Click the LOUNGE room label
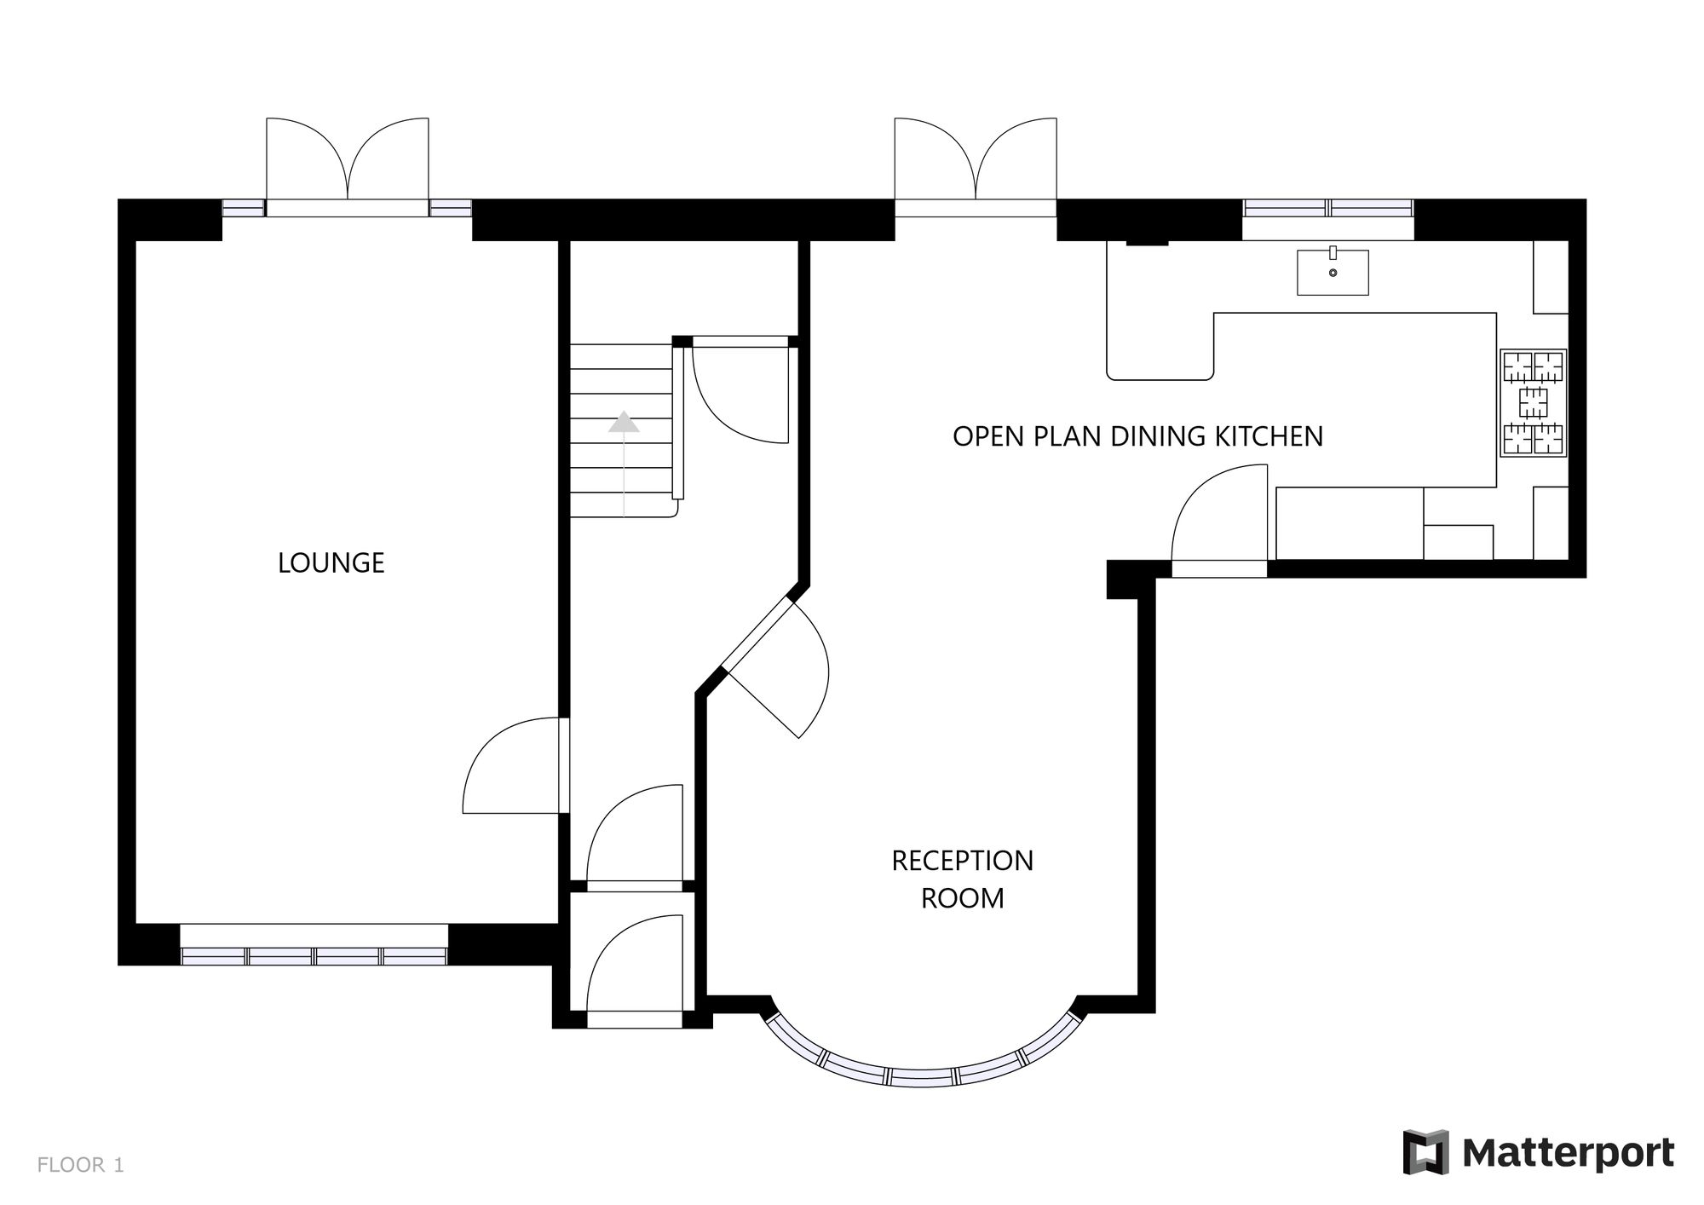pyautogui.click(x=331, y=562)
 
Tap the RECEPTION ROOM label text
pyautogui.click(x=963, y=879)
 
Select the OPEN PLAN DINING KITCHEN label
pyautogui.click(x=1137, y=436)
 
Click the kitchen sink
pyautogui.click(x=1333, y=272)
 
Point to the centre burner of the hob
pyautogui.click(x=1534, y=402)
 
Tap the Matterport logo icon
pyautogui.click(x=1426, y=1152)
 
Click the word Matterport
pyautogui.click(x=1569, y=1153)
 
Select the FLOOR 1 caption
pyautogui.click(x=81, y=1165)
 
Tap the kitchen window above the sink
pyautogui.click(x=1328, y=208)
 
